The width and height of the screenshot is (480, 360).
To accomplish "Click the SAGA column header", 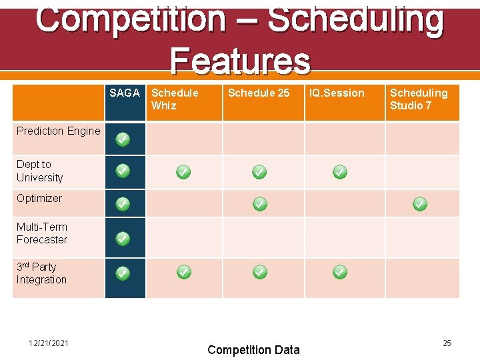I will coord(125,93).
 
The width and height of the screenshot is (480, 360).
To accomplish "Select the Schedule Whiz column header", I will coord(175,99).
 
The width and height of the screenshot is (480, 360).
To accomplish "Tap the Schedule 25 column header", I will coord(259,93).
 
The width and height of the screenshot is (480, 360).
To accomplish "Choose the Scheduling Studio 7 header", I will coord(419,99).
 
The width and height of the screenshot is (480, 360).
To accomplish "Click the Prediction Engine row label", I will coord(59,131).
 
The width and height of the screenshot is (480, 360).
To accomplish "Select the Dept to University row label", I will coord(40,171).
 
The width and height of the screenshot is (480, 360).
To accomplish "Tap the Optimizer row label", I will coord(39,199).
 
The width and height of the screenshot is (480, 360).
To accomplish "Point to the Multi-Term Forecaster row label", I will coord(42,233).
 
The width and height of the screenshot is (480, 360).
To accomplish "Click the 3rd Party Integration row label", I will coord(41,273).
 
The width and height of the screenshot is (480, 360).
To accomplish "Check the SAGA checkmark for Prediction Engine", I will coord(123,139).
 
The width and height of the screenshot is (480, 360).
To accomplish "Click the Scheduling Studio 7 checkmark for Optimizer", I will coord(419,204).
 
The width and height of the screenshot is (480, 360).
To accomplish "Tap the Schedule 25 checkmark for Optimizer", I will coord(260,204).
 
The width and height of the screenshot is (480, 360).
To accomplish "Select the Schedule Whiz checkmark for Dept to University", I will coord(183,173).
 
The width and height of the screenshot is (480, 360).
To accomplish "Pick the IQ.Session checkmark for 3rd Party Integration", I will coord(339,272).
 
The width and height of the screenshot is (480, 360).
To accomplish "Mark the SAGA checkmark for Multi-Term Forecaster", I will coord(123,238).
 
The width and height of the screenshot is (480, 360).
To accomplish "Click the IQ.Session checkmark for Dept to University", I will coord(339,173).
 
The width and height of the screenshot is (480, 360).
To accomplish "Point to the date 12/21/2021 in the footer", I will coord(49,343).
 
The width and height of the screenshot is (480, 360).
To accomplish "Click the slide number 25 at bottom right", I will coord(447,343).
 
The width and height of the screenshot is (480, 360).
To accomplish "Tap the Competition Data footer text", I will coord(253,350).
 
